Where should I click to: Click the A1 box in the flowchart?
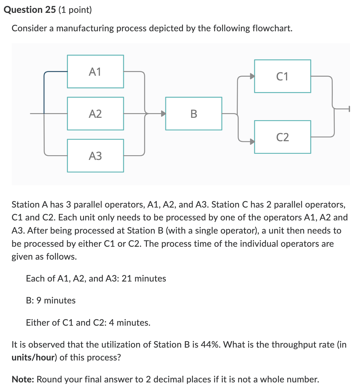(x=95, y=72)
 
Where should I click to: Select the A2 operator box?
(x=95, y=114)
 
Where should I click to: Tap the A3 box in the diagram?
(x=95, y=156)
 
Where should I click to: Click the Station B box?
(x=194, y=114)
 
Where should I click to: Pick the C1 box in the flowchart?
(x=282, y=76)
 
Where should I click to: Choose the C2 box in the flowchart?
(x=282, y=137)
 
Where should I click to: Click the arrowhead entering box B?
(x=163, y=114)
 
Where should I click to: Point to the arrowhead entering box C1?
(x=252, y=76)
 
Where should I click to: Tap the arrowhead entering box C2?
(x=252, y=142)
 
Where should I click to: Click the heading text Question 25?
(x=30, y=10)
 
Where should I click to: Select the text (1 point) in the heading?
(x=75, y=10)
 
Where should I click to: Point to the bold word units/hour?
(x=34, y=358)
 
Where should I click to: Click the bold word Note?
(x=23, y=379)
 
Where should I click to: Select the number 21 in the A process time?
(x=127, y=279)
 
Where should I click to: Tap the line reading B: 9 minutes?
(x=51, y=301)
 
